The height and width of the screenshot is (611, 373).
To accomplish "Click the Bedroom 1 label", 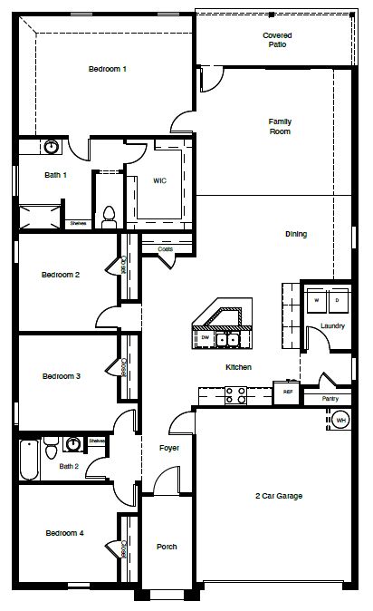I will [x=107, y=69].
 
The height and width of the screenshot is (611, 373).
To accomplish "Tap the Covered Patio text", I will [x=277, y=39].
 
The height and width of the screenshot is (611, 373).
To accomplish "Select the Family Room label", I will [x=279, y=126].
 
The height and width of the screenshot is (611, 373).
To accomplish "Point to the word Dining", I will [x=296, y=234].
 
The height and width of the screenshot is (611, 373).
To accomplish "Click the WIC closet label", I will [x=158, y=180].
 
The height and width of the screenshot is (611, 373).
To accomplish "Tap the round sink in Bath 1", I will [x=52, y=146].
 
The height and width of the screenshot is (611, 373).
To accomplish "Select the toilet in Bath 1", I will [x=109, y=216].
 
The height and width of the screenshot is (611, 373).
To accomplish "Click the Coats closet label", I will [x=165, y=248].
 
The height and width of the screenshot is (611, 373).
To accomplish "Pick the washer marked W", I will [x=317, y=298].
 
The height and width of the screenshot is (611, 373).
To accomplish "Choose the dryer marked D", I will [x=337, y=298].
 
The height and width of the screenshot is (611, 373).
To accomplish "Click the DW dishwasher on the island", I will [x=206, y=338].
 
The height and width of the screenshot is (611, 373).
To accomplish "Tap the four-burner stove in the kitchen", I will [x=235, y=394].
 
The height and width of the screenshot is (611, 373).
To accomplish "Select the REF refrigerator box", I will [x=288, y=393].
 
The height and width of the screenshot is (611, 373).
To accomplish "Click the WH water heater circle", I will [x=340, y=420].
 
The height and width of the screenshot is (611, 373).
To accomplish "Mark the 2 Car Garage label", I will [x=278, y=496].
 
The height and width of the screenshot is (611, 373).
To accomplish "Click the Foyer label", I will [x=169, y=448].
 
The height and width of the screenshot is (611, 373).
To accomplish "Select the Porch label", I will [x=167, y=547].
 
